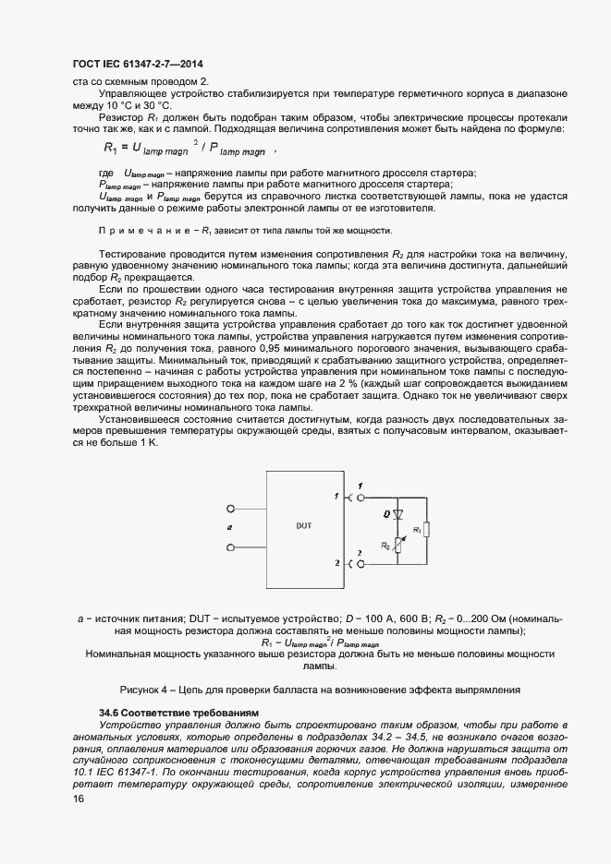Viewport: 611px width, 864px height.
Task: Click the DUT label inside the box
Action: click(x=304, y=525)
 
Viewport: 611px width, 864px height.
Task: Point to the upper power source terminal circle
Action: click(x=229, y=507)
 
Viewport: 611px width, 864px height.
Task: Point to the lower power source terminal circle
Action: click(x=229, y=549)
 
